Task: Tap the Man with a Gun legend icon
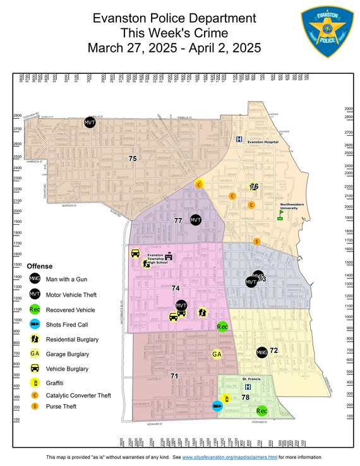(x=35, y=278)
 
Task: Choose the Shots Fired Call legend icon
(x=35, y=325)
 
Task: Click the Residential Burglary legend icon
(x=35, y=339)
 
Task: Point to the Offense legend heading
(x=39, y=266)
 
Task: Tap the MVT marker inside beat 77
(x=195, y=220)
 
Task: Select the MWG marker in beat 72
(x=261, y=352)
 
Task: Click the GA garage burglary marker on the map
(x=217, y=354)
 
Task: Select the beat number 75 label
(x=132, y=158)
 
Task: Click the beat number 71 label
(x=174, y=376)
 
